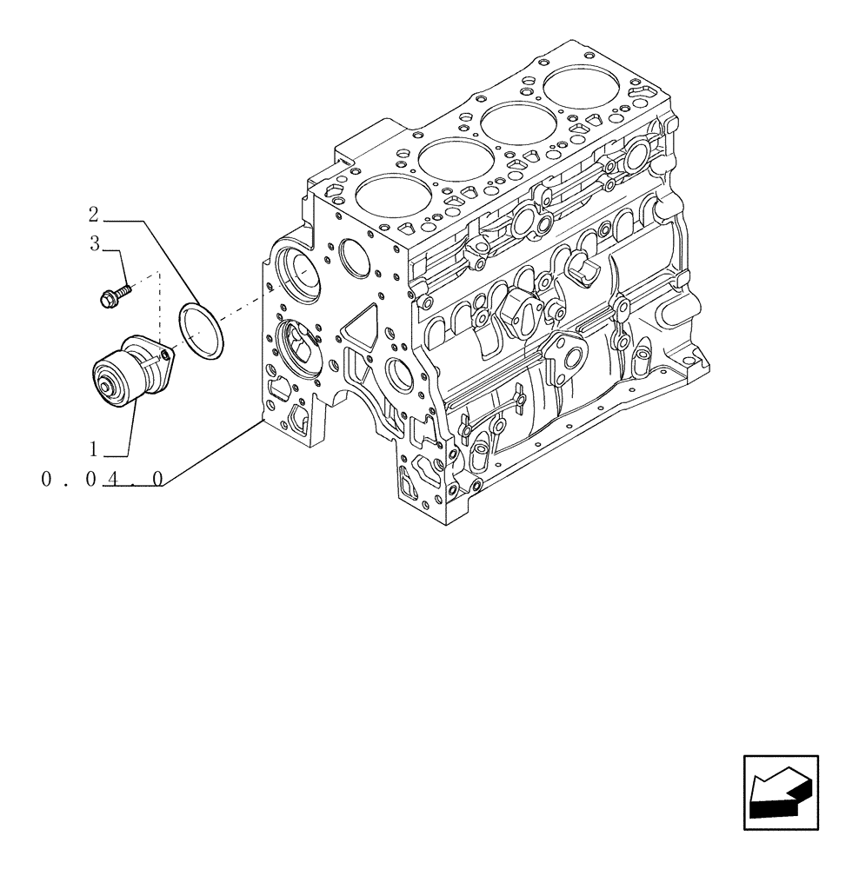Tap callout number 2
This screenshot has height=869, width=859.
coord(94,214)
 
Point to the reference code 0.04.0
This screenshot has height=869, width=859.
coord(102,479)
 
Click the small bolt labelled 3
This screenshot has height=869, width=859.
coord(112,295)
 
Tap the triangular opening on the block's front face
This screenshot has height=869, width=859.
coord(356,331)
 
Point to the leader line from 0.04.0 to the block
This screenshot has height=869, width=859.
coord(213,452)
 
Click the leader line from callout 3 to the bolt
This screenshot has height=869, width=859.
coord(119,265)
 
